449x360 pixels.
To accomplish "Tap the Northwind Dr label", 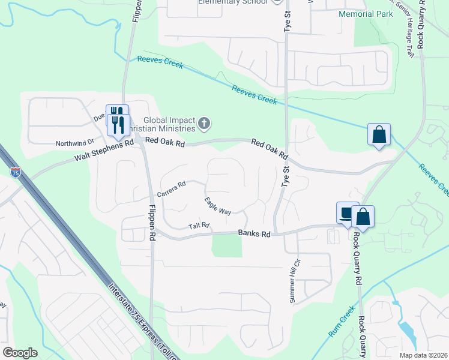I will click(75, 143).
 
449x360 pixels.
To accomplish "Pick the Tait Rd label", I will click(198, 226).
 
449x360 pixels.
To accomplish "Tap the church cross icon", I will click(204, 124).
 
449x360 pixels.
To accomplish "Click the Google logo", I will click(20, 352).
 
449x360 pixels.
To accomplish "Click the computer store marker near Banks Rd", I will click(346, 213).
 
